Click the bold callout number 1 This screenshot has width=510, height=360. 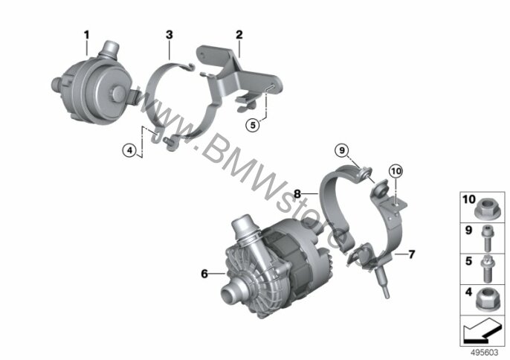pyautogui.click(x=86, y=35)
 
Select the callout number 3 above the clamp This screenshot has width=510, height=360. pyautogui.click(x=170, y=35)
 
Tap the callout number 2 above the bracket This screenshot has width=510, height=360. pyautogui.click(x=239, y=35)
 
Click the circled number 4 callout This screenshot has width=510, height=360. pyautogui.click(x=130, y=150)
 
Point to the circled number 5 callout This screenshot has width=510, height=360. pyautogui.click(x=253, y=125)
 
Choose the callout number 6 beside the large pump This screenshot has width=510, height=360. pyautogui.click(x=204, y=274)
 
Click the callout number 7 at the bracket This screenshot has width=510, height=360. pyautogui.click(x=412, y=254)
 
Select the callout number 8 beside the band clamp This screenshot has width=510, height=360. pyautogui.click(x=297, y=194)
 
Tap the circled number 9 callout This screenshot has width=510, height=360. pyautogui.click(x=342, y=150)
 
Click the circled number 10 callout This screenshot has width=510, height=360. pyautogui.click(x=396, y=171)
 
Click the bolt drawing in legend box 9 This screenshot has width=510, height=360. pyautogui.click(x=486, y=238)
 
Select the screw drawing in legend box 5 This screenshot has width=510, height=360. pyautogui.click(x=486, y=269)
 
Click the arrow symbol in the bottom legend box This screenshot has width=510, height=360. pyautogui.click(x=482, y=331)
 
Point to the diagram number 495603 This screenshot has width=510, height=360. pyautogui.click(x=484, y=353)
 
